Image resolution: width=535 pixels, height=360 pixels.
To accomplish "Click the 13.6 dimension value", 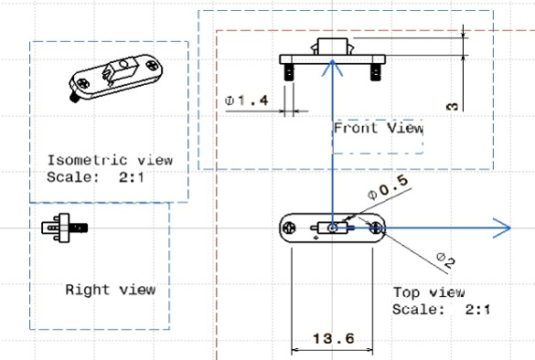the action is (x=334, y=339).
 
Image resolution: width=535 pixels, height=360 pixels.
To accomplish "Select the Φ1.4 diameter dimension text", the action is (x=246, y=101).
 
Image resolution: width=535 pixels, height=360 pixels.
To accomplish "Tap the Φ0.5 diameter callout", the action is (x=388, y=187).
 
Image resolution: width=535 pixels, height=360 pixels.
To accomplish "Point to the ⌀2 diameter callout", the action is (x=446, y=260).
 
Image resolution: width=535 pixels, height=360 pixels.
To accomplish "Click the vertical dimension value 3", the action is (x=452, y=106).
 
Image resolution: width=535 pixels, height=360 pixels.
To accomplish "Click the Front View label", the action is (x=379, y=128).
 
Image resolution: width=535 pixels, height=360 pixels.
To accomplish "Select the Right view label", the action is (x=111, y=290).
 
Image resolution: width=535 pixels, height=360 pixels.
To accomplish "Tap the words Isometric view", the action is (x=110, y=160).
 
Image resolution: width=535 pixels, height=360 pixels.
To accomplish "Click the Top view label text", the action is (x=429, y=292).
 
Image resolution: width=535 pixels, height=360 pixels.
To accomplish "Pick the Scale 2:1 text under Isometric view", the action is (x=95, y=177).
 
